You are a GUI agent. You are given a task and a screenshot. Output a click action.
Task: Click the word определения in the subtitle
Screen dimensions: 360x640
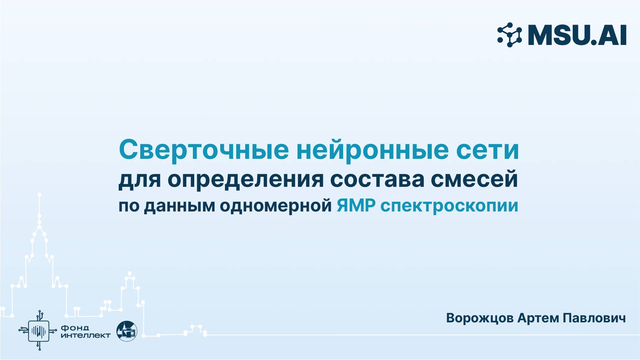point(245,180)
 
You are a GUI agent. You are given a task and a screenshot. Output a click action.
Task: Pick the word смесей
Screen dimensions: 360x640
point(474,180)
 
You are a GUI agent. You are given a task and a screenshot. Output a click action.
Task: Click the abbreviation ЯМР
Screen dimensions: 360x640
point(356,206)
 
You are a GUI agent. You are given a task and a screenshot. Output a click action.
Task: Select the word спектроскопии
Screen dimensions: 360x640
point(449,206)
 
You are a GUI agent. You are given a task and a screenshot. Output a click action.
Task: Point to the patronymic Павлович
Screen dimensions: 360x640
point(594,318)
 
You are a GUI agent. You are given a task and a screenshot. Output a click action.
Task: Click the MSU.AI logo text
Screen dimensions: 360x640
point(577,35)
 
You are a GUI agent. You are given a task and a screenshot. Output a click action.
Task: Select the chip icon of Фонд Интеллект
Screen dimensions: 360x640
point(39,331)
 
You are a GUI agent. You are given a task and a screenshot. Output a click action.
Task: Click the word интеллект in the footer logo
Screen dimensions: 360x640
point(86,335)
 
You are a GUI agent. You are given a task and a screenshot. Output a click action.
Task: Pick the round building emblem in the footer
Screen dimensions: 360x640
point(127,331)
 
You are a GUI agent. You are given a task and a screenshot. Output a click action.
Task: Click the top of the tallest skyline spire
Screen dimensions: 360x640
point(39,194)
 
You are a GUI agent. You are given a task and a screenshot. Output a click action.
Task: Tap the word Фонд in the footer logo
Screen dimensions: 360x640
point(75,328)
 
